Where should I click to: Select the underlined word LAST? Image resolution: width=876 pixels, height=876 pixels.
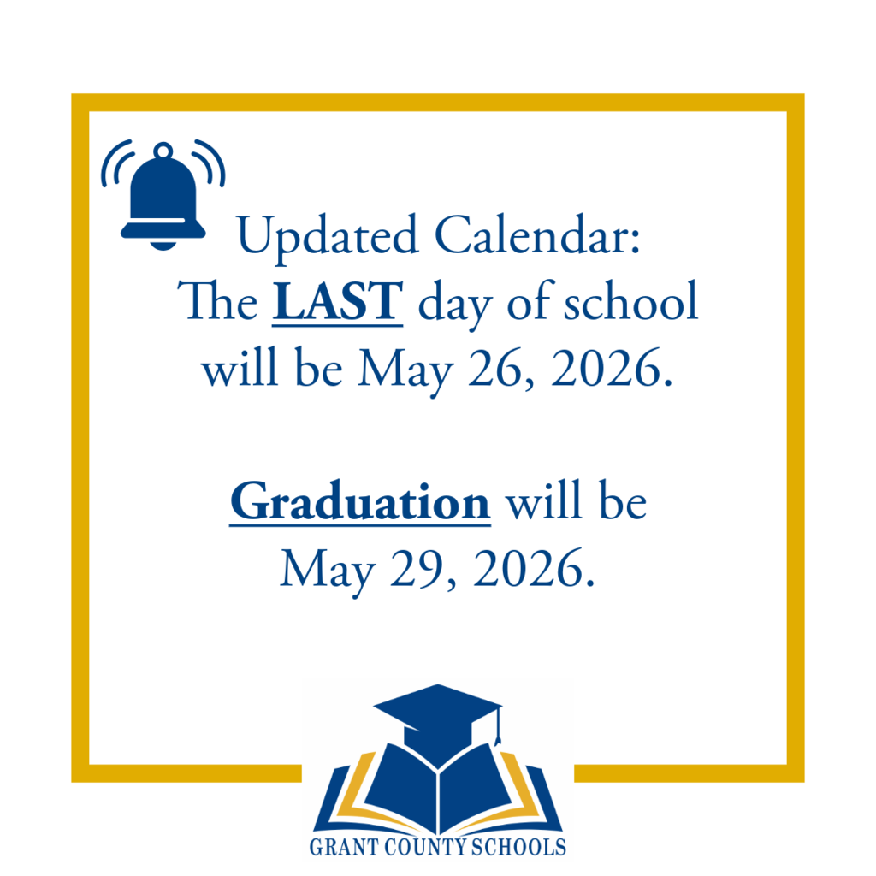pos(337,303)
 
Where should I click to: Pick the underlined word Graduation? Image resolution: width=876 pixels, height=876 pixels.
pos(359,503)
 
